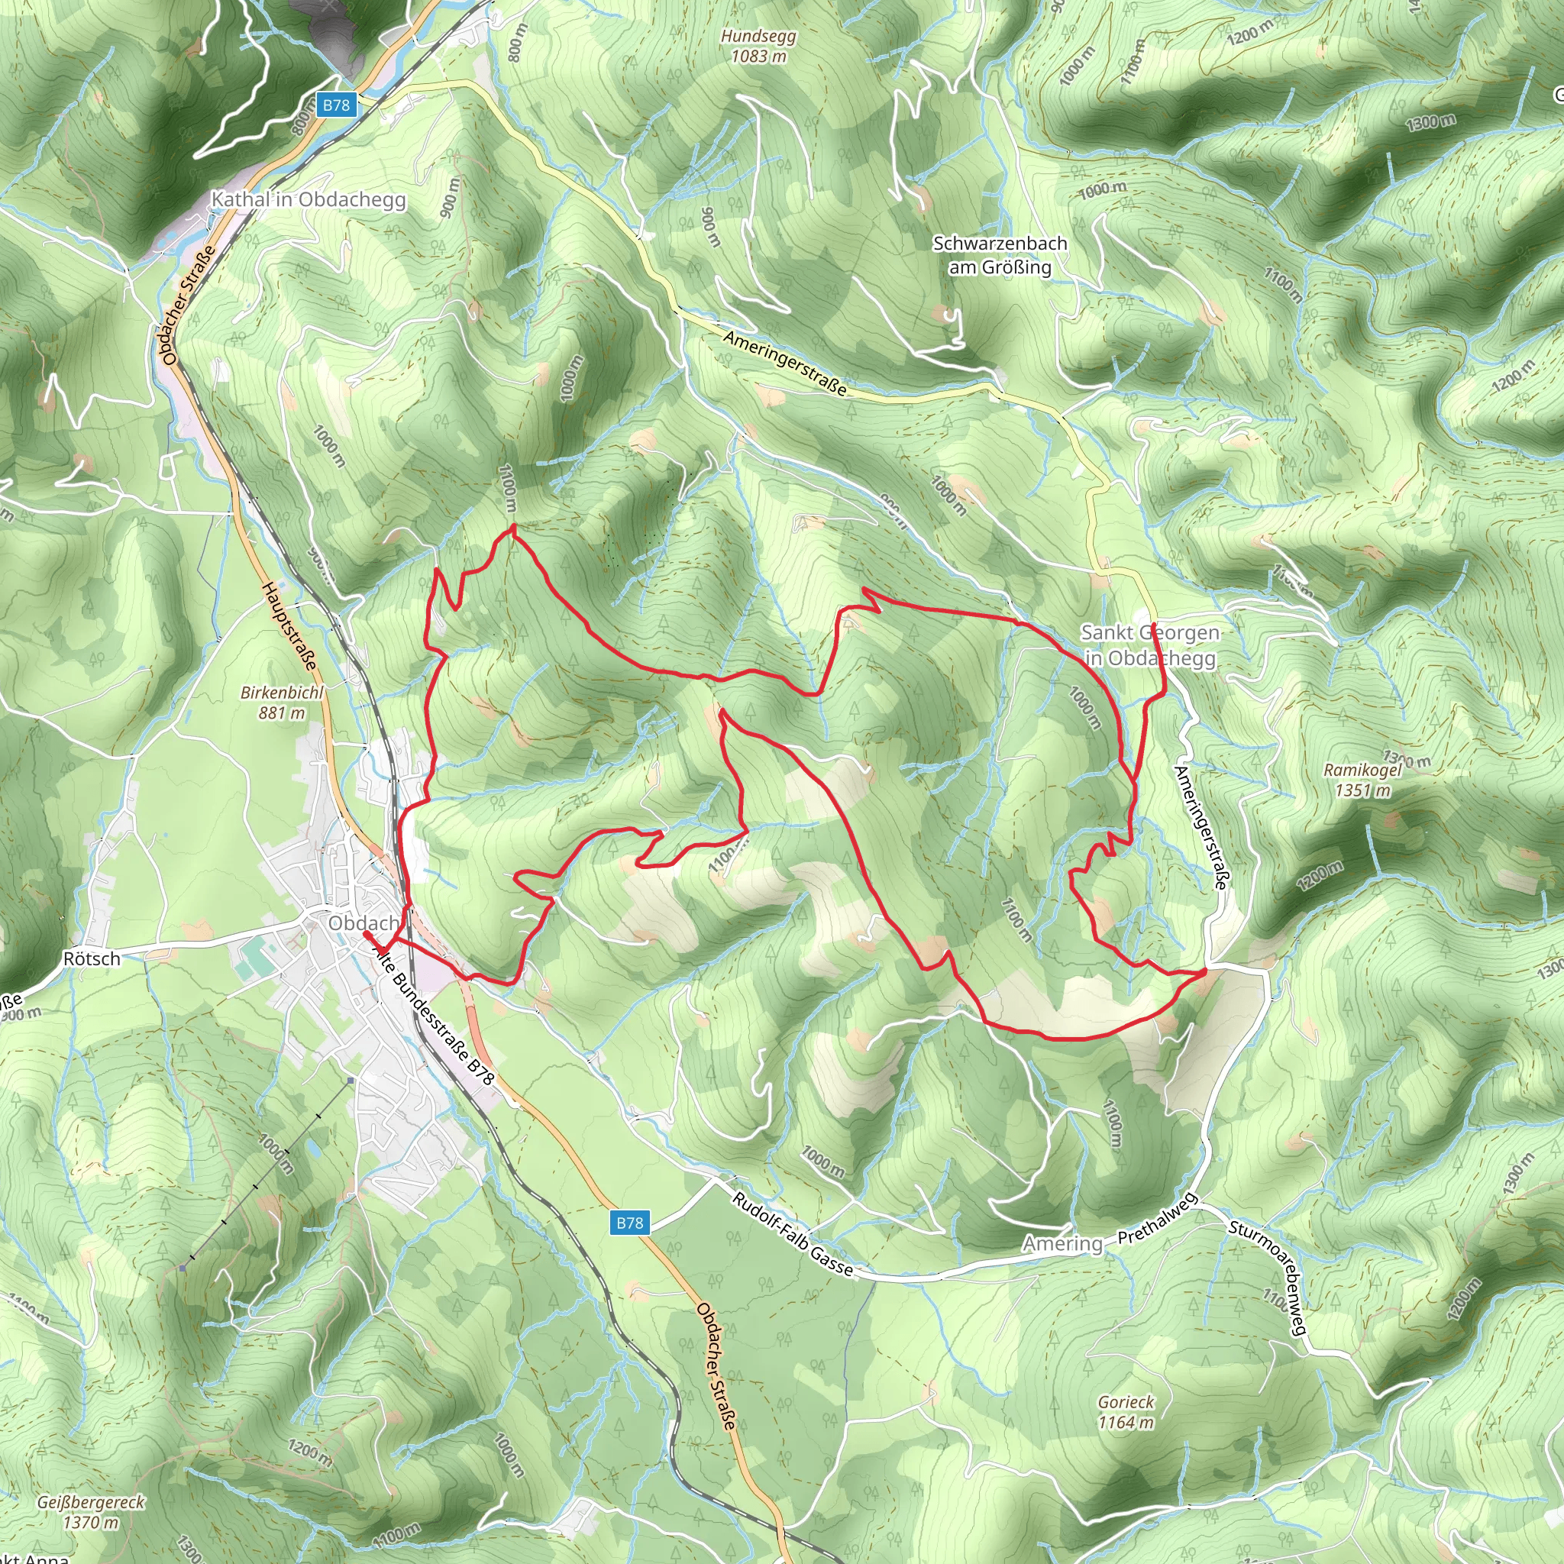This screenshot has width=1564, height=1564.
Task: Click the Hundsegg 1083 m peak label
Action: click(758, 46)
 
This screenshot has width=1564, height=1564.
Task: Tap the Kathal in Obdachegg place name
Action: click(308, 199)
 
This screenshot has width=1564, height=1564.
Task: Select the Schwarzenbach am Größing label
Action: click(1000, 255)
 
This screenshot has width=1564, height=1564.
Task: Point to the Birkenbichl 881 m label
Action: click(282, 703)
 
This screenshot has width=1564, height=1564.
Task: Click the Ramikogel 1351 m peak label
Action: click(1362, 780)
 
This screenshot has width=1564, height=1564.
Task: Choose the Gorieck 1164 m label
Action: click(1126, 1412)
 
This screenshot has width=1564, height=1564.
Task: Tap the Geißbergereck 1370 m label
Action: click(91, 1512)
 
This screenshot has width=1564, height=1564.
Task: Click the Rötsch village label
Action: click(92, 959)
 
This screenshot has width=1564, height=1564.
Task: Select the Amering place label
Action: click(1062, 1243)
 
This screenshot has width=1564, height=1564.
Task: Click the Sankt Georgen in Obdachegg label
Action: click(1149, 645)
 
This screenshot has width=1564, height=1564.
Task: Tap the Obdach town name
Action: click(363, 923)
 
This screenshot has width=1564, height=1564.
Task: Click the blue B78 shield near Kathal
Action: click(336, 105)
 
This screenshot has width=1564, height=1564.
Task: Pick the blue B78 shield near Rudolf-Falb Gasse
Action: click(629, 1223)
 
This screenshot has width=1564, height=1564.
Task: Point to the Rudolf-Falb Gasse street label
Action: click(793, 1236)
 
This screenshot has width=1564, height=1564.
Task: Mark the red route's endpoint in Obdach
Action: click(367, 934)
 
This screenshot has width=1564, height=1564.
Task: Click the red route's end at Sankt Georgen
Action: click(1152, 624)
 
